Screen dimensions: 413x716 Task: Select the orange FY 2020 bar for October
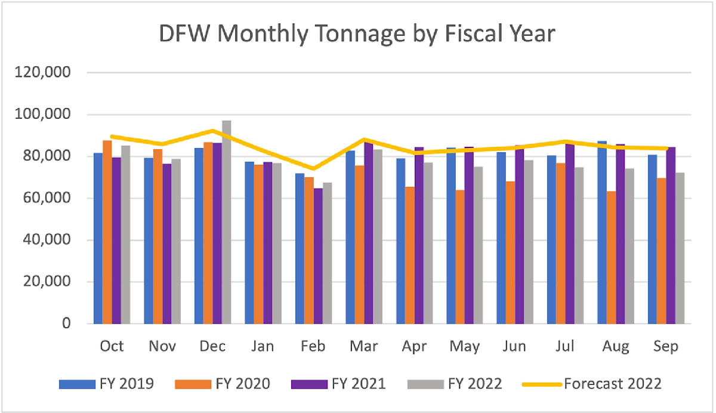107,232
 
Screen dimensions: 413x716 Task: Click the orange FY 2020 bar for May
461,257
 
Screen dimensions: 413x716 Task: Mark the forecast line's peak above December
213,130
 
